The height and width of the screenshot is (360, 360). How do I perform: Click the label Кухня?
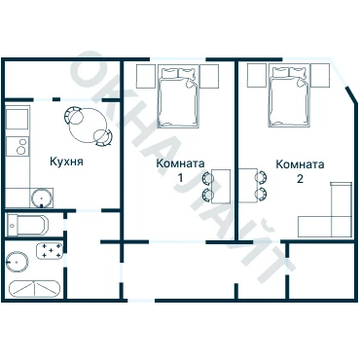[x=66, y=162]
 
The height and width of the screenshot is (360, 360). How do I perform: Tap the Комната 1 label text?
[x=180, y=169]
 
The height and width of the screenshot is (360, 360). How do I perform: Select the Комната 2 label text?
[x=300, y=170]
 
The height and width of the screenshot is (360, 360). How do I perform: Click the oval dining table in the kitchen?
[x=88, y=125]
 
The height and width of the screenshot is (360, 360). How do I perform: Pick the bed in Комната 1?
[x=178, y=97]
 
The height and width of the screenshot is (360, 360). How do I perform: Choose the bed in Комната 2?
[x=289, y=96]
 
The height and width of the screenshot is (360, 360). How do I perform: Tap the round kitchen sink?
[x=41, y=198]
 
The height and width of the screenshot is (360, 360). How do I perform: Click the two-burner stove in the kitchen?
[x=18, y=146]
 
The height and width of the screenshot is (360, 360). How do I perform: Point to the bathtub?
[x=27, y=225]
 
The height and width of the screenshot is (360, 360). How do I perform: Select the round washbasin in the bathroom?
[x=18, y=262]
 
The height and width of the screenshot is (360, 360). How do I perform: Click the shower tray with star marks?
[x=50, y=250]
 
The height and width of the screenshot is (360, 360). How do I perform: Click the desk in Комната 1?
[x=221, y=186]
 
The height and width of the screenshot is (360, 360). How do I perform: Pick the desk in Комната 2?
[x=248, y=186]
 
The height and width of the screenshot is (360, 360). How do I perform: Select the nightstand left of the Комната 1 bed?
[x=145, y=76]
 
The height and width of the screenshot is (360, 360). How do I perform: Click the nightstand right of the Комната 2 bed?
[x=320, y=76]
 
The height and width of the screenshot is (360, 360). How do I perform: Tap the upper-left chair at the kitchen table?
[x=74, y=116]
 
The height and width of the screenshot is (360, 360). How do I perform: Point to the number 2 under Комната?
[x=300, y=179]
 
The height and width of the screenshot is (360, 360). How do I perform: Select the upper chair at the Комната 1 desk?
[x=207, y=178]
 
